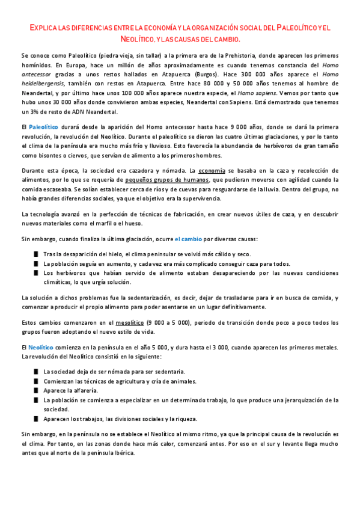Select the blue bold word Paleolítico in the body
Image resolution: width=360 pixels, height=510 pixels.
43,127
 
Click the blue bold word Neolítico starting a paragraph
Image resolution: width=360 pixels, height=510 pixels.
41,348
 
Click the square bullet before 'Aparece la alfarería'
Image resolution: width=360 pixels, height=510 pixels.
37,390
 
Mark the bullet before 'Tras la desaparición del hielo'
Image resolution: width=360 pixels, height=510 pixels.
37,254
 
